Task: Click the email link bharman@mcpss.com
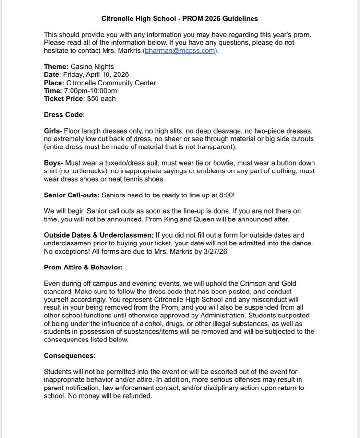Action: (x=180, y=51)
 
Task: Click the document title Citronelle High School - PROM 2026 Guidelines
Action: (x=180, y=19)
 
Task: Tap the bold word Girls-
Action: (x=53, y=131)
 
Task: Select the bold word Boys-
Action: (x=53, y=163)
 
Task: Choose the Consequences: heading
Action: (x=70, y=356)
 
